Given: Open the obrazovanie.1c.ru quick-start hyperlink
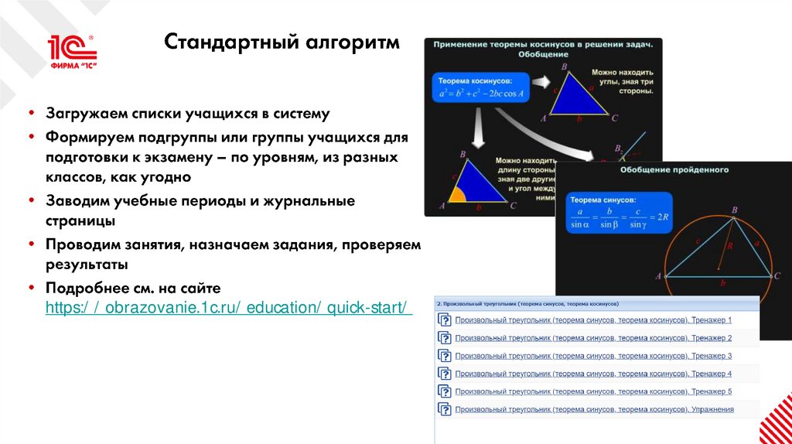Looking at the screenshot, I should pos(228,307).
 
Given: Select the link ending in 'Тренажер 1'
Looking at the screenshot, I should pos(593,319).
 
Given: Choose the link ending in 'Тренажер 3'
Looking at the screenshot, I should pos(593,356).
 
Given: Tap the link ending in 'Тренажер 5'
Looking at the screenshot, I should pos(593,391).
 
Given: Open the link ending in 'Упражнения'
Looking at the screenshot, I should pos(594,409).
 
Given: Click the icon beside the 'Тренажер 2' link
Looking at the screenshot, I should pos(445,338).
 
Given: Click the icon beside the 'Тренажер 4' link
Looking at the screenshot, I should pos(445,374).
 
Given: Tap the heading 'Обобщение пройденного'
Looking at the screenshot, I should pos(673,169).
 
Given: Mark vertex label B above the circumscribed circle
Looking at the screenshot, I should pos(734,210).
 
